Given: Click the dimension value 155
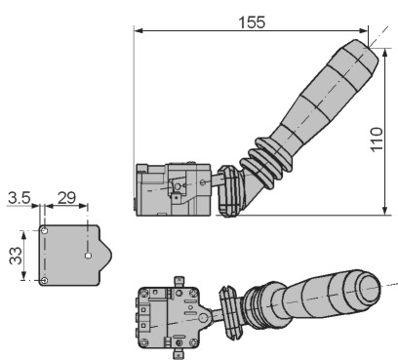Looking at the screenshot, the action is pyautogui.click(x=252, y=22).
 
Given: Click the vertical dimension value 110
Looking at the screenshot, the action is pyautogui.click(x=377, y=140).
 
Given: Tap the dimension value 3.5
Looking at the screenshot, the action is pyautogui.click(x=20, y=198).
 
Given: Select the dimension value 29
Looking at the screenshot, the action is pyautogui.click(x=66, y=198).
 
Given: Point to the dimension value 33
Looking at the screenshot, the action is pyautogui.click(x=16, y=256).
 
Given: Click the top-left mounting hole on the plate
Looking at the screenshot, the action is pyautogui.click(x=45, y=231).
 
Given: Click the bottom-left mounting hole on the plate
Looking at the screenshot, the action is pyautogui.click(x=45, y=280).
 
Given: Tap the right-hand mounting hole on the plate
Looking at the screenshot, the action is pyautogui.click(x=88, y=256).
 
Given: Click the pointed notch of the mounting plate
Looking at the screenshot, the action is pyautogui.click(x=110, y=256).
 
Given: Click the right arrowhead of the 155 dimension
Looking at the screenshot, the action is pyautogui.click(x=363, y=30).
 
